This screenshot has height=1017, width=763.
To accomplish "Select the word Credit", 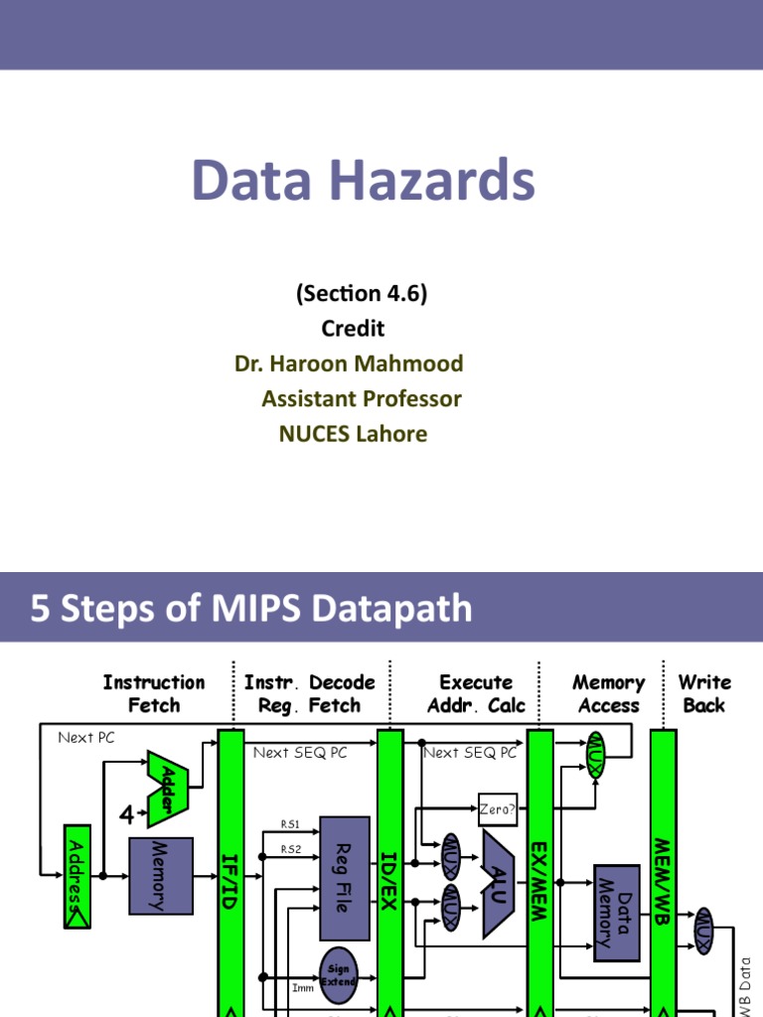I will coord(353,328).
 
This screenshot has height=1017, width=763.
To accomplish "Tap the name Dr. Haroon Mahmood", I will coord(349,363).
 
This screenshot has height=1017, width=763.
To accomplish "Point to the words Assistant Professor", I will coord(362,398).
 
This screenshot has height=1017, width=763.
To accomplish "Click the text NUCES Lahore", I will coord(353,434).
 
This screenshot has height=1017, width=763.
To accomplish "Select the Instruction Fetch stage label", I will coord(154,693).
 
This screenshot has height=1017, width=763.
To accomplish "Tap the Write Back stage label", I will coord(704,693).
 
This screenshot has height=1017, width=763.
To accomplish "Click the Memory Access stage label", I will coord(608,693).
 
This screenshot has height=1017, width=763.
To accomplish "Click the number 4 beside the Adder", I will coord(126,815).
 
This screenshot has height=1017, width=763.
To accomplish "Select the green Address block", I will coord(76,877).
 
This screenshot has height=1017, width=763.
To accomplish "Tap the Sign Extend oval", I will coord(338,974).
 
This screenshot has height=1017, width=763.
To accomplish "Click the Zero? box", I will coord(498,808).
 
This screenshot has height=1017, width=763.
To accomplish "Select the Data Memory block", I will coord(616,913).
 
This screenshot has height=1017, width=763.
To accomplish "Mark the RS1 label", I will coord(290,823).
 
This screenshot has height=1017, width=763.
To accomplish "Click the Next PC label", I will coord(86,737).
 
